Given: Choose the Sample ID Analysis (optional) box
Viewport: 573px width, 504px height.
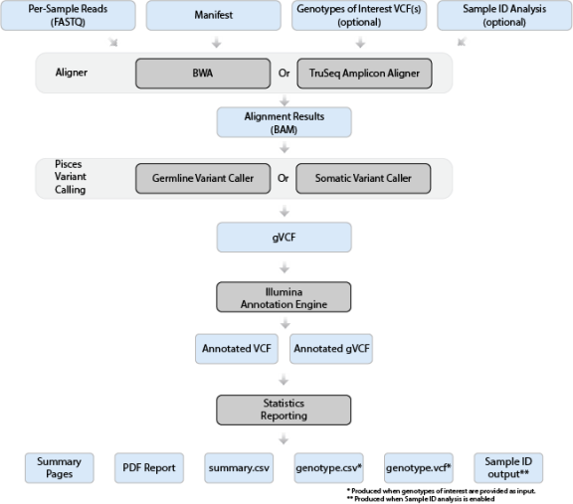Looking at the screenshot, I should (502, 15).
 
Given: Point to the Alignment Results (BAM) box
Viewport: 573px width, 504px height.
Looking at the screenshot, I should (286, 122).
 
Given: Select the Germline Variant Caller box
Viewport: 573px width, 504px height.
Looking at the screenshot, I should (204, 178).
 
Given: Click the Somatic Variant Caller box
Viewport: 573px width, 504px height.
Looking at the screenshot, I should (366, 178).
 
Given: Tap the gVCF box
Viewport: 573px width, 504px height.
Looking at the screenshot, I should (286, 237).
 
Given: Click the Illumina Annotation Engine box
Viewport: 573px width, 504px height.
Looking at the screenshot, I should (286, 296).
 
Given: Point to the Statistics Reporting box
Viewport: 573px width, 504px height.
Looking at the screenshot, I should (286, 409).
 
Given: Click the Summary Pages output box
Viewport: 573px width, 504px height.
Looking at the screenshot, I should (59, 467).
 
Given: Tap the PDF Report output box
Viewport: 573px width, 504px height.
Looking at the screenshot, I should (147, 467).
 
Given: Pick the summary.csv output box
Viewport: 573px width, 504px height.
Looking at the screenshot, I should (237, 467).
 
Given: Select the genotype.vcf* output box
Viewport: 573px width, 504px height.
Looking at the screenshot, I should (417, 467).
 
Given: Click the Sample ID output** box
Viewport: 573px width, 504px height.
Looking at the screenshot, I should (507, 467).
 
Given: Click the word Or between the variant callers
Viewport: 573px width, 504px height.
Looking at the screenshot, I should (285, 178).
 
